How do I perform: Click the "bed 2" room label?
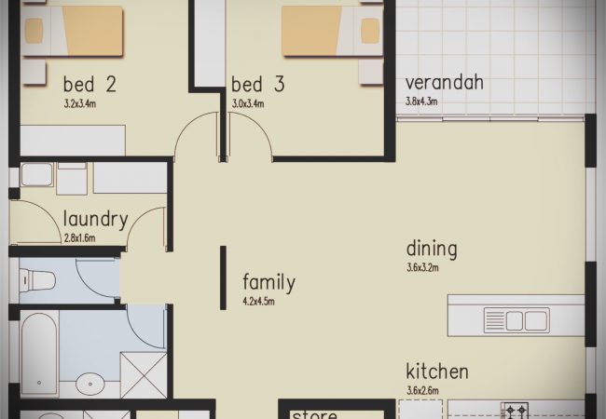[90, 84]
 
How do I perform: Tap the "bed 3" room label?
[257, 84]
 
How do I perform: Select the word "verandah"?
[445, 82]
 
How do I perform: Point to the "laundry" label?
[95, 220]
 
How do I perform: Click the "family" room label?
[269, 282]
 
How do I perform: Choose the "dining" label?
[432, 250]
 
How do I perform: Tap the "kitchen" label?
[437, 372]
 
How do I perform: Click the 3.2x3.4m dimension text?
[80, 103]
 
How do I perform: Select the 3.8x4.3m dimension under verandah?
[421, 101]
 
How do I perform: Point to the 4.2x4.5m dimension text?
[258, 302]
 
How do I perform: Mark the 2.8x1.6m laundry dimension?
[79, 238]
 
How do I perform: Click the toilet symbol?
[37, 280]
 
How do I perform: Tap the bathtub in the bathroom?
[39, 353]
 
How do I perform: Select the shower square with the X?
[144, 374]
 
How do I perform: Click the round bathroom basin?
[90, 384]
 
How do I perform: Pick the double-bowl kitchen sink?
[516, 320]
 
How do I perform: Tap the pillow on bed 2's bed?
[34, 31]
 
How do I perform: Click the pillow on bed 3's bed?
[370, 31]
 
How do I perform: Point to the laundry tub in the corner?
[36, 175]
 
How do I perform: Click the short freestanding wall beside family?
[223, 277]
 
